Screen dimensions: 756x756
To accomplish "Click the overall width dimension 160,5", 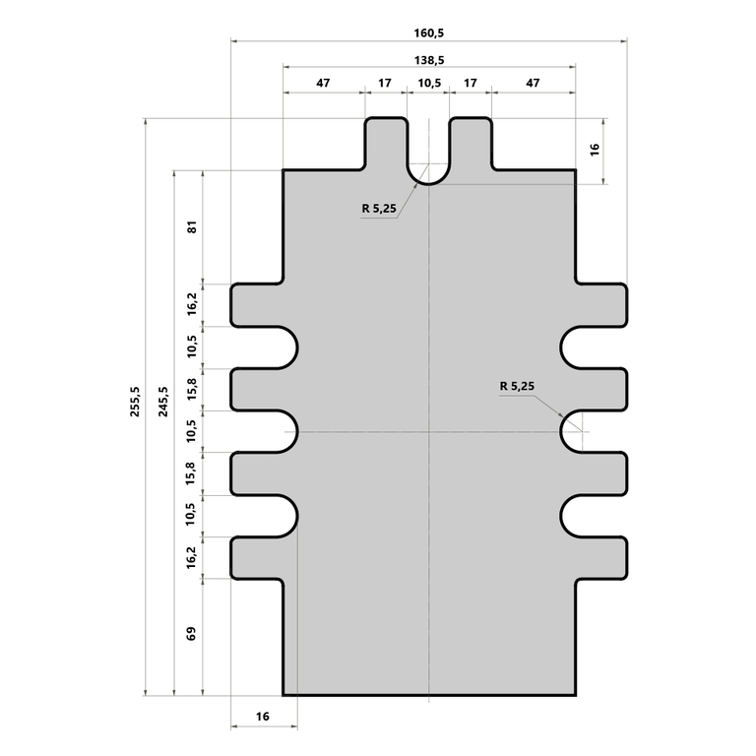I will (428, 32).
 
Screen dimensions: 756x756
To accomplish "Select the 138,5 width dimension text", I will (428, 59).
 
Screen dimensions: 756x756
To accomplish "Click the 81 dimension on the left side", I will (192, 226).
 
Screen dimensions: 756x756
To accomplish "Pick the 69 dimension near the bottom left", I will (192, 635).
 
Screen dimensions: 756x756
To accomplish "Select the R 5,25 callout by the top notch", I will (378, 208).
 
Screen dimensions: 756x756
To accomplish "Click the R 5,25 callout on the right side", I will (517, 387).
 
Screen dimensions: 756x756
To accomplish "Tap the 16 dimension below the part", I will (263, 717).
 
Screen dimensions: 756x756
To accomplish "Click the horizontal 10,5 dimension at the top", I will (428, 84).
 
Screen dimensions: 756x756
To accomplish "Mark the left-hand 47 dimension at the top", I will (323, 84).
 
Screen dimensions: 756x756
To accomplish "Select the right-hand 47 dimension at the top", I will (533, 84).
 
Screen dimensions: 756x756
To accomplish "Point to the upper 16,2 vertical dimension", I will (192, 304).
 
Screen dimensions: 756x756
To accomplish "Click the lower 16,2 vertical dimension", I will (192, 557).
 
